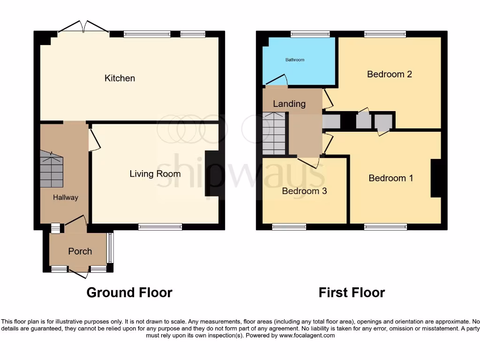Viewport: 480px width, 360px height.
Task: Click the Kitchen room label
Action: (120, 78)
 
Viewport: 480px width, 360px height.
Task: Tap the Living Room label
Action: (155, 174)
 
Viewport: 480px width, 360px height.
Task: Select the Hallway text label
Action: (65, 197)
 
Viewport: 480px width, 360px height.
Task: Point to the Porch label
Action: (80, 251)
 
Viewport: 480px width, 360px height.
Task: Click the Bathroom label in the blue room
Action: (295, 60)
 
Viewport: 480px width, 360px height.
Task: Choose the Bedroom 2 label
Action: (389, 74)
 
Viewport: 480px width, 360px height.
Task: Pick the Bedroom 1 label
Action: (390, 178)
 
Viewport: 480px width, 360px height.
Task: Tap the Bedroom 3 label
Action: (304, 191)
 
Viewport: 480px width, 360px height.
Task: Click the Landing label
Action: (289, 104)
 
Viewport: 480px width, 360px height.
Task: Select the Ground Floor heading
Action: (129, 292)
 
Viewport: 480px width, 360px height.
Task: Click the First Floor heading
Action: (352, 292)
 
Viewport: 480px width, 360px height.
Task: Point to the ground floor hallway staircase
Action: (51, 170)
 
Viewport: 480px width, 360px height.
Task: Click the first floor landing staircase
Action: (274, 134)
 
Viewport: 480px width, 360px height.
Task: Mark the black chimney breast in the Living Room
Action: (211, 173)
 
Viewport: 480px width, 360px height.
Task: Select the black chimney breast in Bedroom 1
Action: (436, 178)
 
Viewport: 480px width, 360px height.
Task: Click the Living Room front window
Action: (160, 227)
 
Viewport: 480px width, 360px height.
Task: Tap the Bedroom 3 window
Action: (289, 227)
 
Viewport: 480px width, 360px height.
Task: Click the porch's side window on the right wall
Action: (110, 248)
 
